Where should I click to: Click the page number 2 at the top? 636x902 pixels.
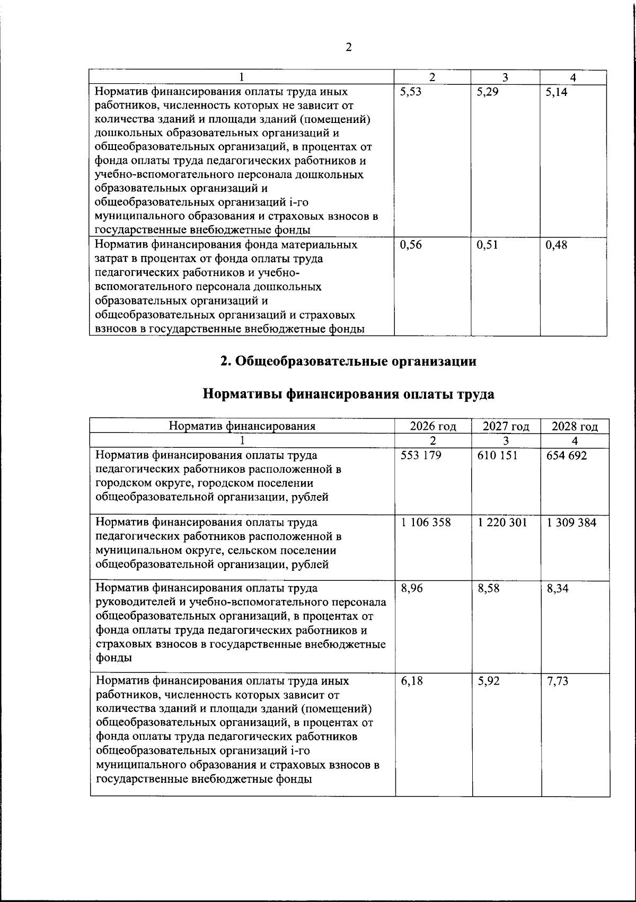click(348, 48)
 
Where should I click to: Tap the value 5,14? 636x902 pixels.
click(556, 92)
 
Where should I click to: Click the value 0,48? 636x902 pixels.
click(556, 245)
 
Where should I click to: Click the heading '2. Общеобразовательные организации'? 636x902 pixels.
click(348, 361)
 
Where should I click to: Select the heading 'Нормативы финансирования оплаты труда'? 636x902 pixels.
click(348, 395)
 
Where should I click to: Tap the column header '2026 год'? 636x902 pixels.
click(433, 427)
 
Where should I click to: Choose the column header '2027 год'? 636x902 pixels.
click(506, 427)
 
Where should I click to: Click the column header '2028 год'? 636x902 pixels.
click(575, 427)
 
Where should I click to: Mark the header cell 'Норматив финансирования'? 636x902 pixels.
click(242, 426)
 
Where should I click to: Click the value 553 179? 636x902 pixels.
click(421, 456)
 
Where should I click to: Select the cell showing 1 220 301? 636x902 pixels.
click(502, 523)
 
